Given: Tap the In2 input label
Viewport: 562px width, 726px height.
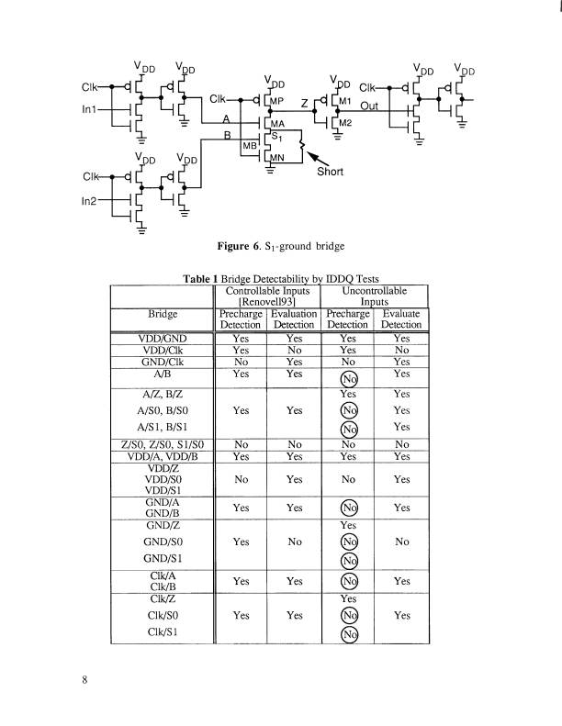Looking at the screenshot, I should tap(91, 196).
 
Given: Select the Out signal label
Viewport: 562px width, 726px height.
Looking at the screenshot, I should tap(370, 106).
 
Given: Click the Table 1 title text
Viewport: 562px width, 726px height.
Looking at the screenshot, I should tap(280, 279).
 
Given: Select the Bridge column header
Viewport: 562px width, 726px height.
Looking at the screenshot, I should tap(162, 312).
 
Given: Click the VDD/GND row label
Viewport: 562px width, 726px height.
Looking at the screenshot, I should tap(162, 338).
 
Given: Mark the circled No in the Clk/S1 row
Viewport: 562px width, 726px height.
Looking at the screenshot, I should tap(348, 634).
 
